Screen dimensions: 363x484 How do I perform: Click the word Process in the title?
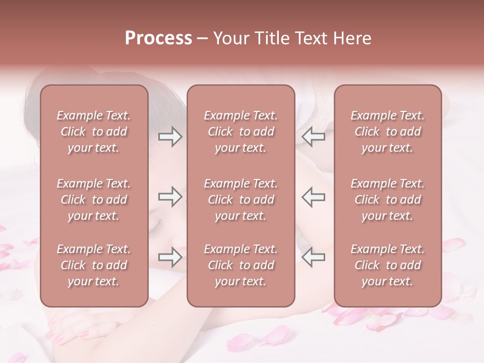158,38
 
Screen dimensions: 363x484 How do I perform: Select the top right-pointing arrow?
170,137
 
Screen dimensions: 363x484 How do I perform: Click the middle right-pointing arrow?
170,197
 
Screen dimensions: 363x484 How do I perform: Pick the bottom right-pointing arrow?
170,257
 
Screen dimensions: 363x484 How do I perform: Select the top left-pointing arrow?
313,137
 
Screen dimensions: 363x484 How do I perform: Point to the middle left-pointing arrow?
313,197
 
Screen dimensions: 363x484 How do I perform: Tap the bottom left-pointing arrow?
313,257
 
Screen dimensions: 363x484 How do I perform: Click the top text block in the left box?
94,132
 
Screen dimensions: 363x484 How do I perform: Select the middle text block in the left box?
94,200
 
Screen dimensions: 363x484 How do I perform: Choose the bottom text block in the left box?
94,265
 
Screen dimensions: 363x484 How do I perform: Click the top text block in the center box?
241,132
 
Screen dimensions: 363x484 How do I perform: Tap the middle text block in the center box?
241,200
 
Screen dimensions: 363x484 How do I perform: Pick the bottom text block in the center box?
241,265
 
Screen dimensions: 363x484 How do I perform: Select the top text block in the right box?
388,132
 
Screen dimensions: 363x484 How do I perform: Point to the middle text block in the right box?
388,200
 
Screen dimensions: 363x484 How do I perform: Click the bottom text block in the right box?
388,265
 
